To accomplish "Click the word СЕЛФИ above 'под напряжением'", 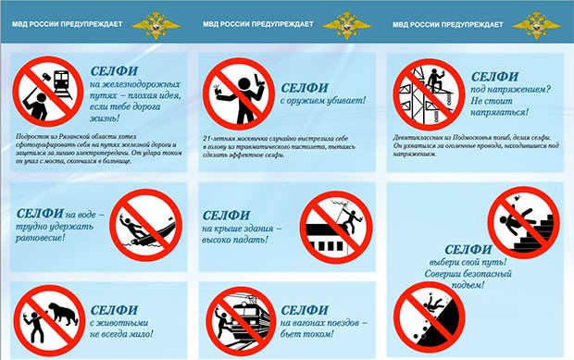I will pos(496,75).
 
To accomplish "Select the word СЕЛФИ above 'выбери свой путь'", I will pos(470,248).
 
